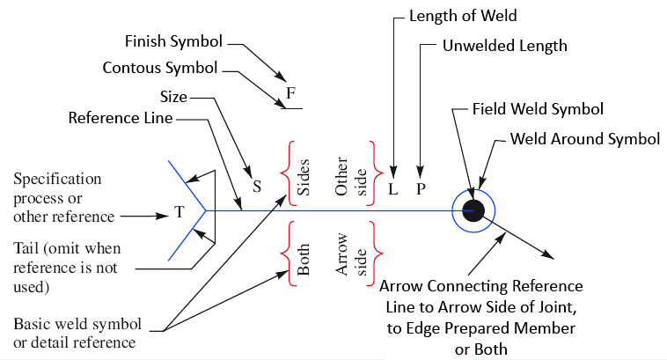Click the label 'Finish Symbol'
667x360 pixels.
click(x=173, y=41)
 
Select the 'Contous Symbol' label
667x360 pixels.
click(x=160, y=68)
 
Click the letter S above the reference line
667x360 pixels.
click(x=258, y=187)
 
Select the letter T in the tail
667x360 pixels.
click(x=179, y=212)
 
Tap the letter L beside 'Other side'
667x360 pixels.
click(x=393, y=188)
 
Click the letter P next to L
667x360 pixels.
click(x=421, y=188)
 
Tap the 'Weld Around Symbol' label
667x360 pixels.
click(x=585, y=139)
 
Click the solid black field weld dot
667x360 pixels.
click(x=473, y=209)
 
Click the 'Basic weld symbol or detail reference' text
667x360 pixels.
click(x=75, y=332)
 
